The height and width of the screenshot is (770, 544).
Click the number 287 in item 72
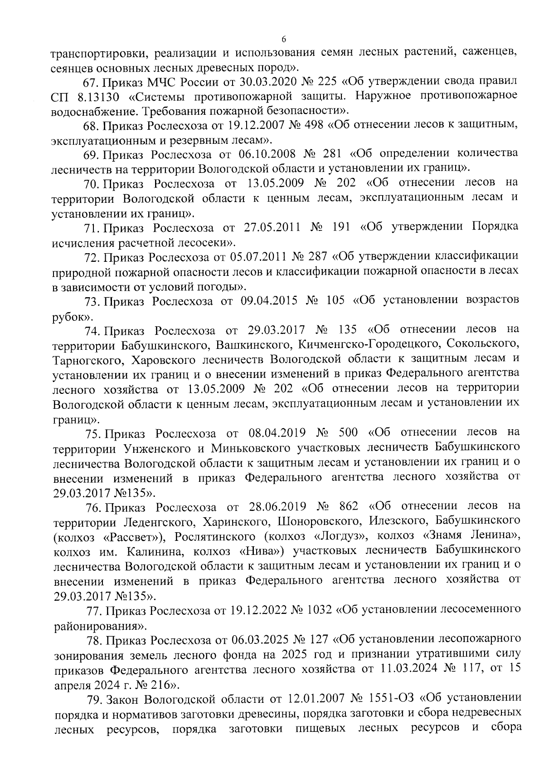pos(317,257)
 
